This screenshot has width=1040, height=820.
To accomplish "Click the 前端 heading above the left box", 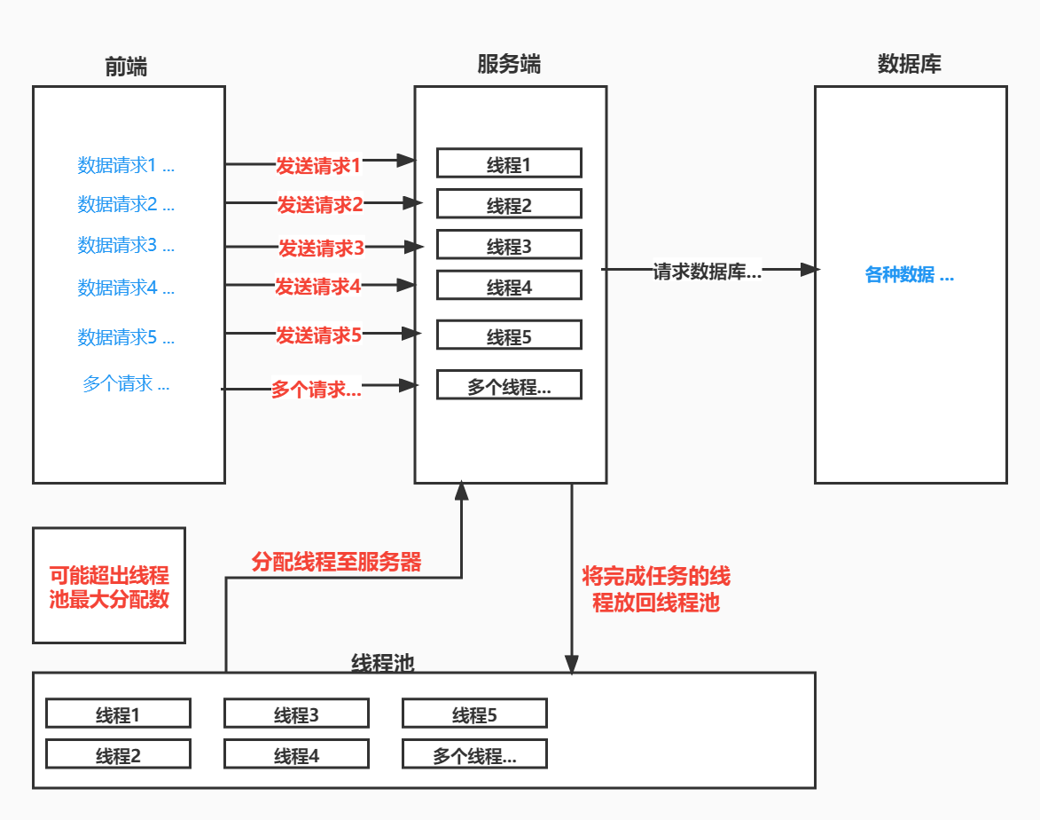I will [126, 67].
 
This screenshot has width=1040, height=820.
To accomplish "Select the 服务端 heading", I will [509, 65].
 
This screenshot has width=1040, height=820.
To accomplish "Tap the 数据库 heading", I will [909, 65].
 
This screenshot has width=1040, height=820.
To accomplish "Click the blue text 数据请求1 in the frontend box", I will [125, 165].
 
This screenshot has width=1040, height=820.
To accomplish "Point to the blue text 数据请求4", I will [125, 288].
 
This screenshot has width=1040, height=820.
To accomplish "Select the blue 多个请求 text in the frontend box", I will [125, 384].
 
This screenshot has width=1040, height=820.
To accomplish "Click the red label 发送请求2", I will [319, 205].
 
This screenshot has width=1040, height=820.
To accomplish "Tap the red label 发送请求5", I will [318, 335].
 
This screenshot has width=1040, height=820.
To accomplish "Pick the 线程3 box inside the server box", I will [509, 246].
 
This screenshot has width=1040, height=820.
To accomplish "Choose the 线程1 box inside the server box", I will [509, 164].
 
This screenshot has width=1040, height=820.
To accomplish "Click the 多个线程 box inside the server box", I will [509, 386].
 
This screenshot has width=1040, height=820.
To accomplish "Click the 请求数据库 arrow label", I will [707, 272].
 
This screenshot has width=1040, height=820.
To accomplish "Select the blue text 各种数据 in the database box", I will [909, 275].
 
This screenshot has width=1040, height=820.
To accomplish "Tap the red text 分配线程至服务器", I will [337, 562].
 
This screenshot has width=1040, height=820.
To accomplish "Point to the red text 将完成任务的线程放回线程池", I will [656, 589].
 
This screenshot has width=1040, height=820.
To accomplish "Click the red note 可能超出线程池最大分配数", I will [109, 587].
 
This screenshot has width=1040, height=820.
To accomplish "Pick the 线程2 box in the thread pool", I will [118, 755].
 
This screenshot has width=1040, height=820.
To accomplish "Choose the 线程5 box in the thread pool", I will [474, 714].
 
